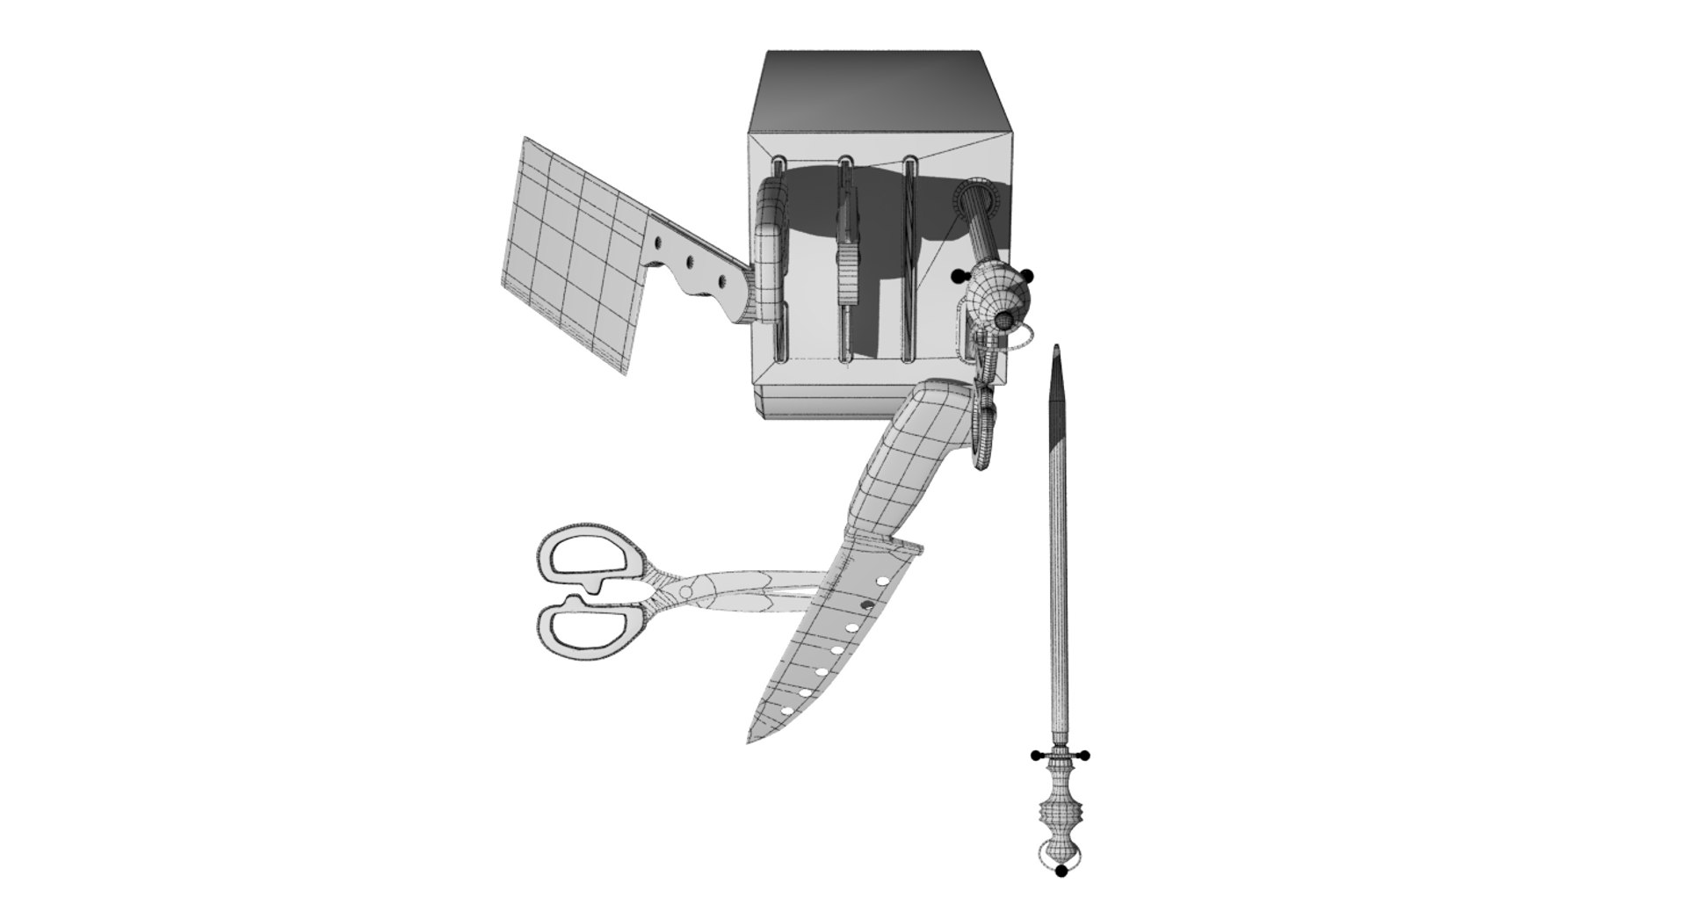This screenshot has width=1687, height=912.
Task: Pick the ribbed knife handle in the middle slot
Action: pyautogui.click(x=847, y=264)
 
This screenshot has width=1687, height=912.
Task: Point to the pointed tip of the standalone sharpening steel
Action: pyautogui.click(x=1057, y=350)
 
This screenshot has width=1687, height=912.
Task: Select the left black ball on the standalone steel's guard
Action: pyautogui.click(x=1039, y=755)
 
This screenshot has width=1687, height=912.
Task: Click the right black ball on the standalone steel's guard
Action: pyautogui.click(x=1086, y=755)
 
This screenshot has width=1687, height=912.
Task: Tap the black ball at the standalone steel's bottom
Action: pyautogui.click(x=1061, y=871)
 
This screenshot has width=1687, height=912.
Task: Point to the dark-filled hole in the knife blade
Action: pyautogui.click(x=866, y=605)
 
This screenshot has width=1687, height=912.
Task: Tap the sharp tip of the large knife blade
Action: pyautogui.click(x=750, y=741)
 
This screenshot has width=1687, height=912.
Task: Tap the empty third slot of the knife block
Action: pyautogui.click(x=910, y=264)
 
